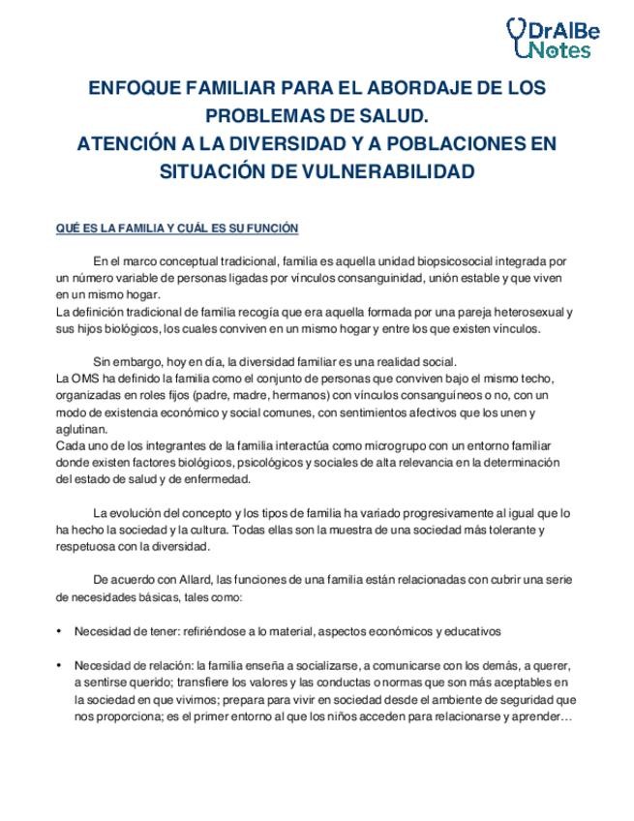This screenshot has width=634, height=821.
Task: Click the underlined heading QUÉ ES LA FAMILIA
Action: click(x=177, y=228)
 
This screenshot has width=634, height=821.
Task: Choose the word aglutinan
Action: click(x=83, y=429)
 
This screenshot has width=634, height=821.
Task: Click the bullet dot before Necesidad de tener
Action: click(x=61, y=631)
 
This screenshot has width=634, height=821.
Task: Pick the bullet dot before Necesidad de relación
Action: click(x=61, y=665)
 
